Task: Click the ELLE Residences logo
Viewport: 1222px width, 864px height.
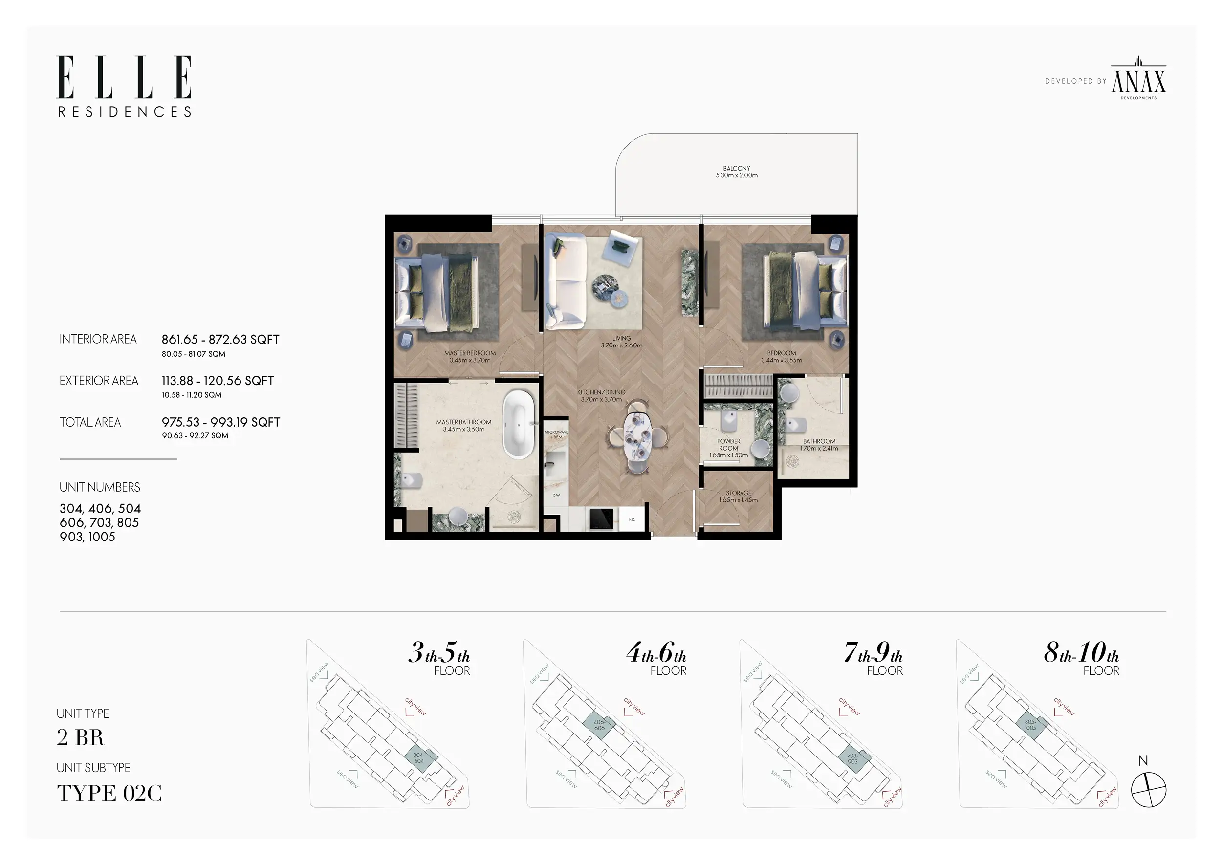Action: (124, 86)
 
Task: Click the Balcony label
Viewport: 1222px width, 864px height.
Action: (737, 172)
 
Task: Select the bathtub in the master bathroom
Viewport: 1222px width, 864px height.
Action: (519, 424)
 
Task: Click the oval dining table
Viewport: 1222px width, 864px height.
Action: (637, 436)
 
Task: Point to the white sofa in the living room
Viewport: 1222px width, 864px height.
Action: (565, 281)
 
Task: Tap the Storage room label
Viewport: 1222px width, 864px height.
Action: (739, 497)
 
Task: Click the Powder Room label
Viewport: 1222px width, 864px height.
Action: (729, 448)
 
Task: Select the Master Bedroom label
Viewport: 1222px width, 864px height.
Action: (470, 356)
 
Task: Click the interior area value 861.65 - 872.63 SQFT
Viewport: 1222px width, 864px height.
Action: (220, 340)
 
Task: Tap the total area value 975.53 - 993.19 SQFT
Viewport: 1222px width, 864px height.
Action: (221, 422)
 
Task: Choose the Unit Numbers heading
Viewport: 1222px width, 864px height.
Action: (100, 487)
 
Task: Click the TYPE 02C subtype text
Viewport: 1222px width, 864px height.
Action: (109, 793)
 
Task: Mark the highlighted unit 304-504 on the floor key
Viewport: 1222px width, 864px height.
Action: (420, 757)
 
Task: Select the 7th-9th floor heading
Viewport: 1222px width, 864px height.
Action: (873, 658)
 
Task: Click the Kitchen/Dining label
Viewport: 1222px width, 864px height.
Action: (601, 396)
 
